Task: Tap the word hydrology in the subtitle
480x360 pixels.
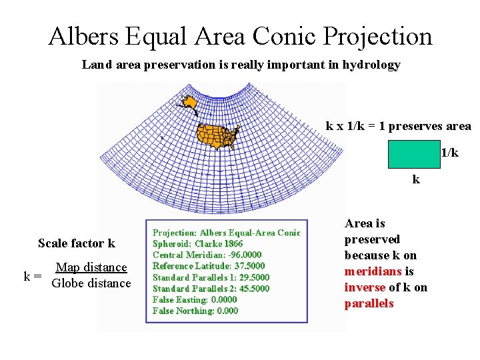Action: tap(371, 65)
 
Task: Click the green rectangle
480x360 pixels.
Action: tap(415, 154)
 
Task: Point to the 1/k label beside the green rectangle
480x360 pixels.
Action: tap(450, 153)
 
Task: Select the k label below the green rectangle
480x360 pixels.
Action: tap(416, 179)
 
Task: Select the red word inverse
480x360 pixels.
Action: tap(365, 287)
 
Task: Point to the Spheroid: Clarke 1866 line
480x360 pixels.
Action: tap(197, 244)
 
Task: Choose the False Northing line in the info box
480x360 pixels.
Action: tap(195, 311)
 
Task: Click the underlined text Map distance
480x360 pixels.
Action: tap(91, 267)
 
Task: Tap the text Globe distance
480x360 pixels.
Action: tap(91, 283)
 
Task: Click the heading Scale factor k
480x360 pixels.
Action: tap(77, 243)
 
